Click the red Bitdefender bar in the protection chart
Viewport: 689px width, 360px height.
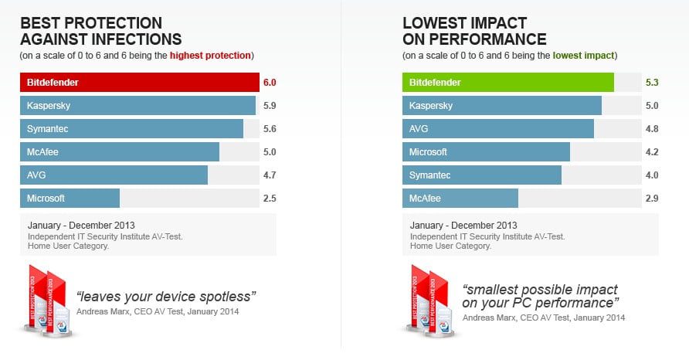(x=139, y=82)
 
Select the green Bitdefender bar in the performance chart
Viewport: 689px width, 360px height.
(x=507, y=82)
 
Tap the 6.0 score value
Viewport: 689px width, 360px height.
(x=269, y=82)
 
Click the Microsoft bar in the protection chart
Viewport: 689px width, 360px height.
(x=70, y=199)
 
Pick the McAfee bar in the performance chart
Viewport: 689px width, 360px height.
(x=460, y=199)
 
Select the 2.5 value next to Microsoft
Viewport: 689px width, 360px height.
(x=269, y=199)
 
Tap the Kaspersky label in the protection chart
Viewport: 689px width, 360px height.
(x=49, y=106)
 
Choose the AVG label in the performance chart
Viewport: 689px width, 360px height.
(x=419, y=129)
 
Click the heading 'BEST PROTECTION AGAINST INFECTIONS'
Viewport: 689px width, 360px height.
(x=100, y=31)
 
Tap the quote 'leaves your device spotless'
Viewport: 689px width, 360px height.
(x=165, y=296)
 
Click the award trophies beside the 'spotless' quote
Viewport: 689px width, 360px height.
(x=48, y=301)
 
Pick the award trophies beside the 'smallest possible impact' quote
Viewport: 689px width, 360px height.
(x=431, y=301)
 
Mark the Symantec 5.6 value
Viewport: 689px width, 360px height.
(x=269, y=129)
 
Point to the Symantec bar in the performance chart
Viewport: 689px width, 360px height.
(x=481, y=175)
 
